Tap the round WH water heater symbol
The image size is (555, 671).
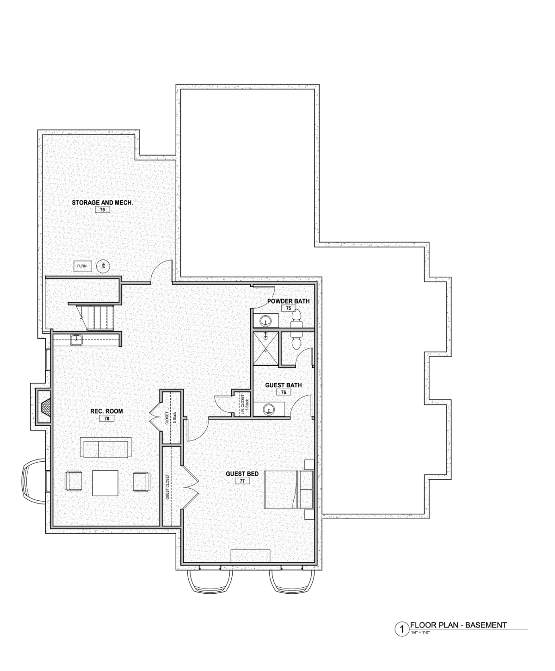click(104, 266)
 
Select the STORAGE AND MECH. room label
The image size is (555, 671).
click(103, 203)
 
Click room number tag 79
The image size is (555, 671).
click(103, 210)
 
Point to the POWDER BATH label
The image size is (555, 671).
click(289, 301)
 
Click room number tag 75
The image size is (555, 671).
click(289, 308)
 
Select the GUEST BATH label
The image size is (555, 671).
click(283, 385)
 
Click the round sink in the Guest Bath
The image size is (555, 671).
click(269, 409)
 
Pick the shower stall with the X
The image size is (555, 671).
click(265, 348)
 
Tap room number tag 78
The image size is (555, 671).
click(107, 418)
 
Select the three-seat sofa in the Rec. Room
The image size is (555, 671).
click(105, 447)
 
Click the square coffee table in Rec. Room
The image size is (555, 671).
click(105, 483)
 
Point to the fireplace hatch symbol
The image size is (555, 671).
click(45, 407)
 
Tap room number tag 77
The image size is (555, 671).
click(242, 481)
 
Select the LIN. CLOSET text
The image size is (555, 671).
click(242, 405)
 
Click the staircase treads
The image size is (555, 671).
click(96, 318)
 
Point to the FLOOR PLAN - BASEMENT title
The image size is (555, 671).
click(459, 625)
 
